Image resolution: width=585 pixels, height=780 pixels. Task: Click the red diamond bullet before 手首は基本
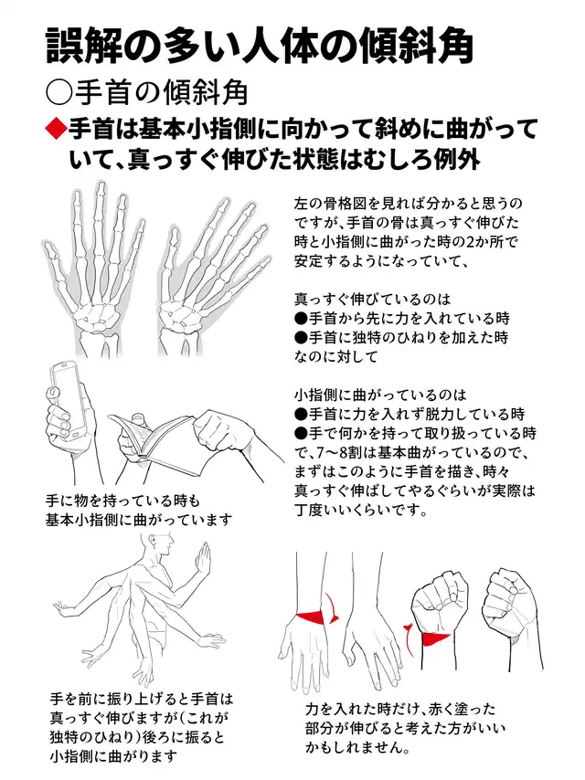(57, 129)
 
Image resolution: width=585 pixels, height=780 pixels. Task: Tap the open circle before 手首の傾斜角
(58, 92)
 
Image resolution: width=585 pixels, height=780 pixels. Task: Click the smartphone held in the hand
(70, 399)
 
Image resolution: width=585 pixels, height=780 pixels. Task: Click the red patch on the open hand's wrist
(313, 617)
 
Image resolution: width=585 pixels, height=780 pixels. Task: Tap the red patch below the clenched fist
(436, 638)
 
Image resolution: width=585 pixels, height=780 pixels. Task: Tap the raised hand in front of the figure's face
(203, 561)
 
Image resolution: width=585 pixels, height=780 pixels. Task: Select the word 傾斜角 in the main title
(419, 47)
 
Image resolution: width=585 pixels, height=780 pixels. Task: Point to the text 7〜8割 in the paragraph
(330, 453)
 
